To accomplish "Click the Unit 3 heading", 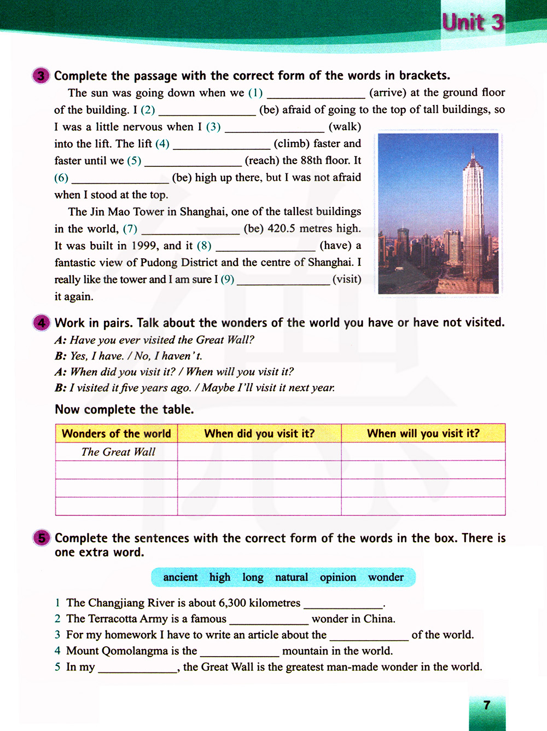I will (473, 22).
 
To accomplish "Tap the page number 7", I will (487, 705).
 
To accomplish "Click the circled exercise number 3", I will (41, 76).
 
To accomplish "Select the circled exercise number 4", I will (42, 323).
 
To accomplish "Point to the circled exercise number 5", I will (42, 538).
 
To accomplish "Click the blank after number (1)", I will (316, 94).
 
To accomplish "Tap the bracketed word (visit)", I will (347, 279).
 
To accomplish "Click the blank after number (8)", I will (265, 246).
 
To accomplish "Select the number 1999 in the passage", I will (144, 246).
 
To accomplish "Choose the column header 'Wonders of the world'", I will (117, 433).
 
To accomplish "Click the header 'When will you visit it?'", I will (423, 433).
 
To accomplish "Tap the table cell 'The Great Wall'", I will (118, 452).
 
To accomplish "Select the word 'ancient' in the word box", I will (181, 577).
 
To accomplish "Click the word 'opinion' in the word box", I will (337, 577).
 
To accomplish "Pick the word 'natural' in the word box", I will (292, 577).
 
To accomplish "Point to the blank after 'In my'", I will (137, 668).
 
